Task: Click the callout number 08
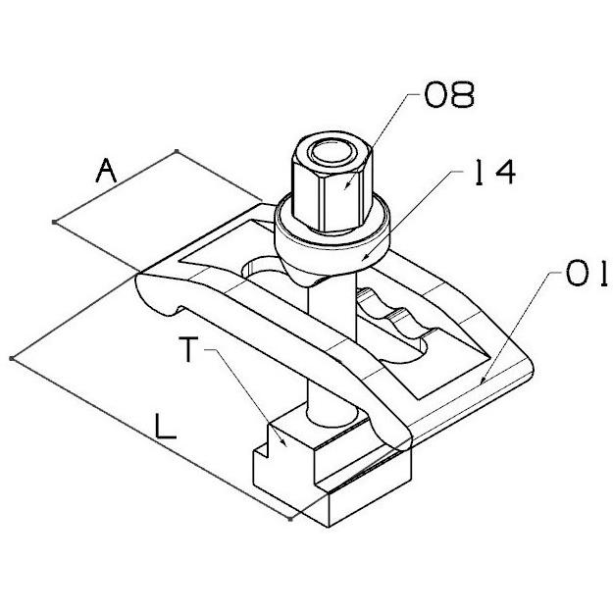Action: (449, 94)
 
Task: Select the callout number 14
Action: (495, 172)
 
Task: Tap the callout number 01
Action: (587, 273)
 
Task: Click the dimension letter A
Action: (106, 171)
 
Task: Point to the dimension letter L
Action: (166, 427)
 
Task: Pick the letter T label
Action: (189, 349)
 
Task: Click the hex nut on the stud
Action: (332, 181)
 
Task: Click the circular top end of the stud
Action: (332, 152)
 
